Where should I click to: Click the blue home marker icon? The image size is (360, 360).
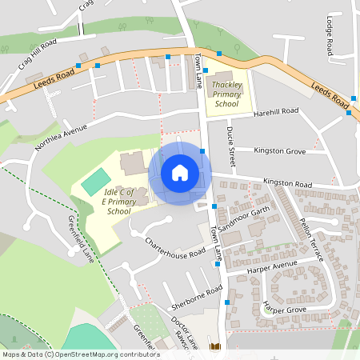[x=180, y=173]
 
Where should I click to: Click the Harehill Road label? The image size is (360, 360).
[x=274, y=111]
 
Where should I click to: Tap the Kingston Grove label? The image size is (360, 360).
[x=279, y=150]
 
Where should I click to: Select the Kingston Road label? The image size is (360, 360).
[x=287, y=184]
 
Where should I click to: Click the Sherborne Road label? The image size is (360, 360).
[x=195, y=298]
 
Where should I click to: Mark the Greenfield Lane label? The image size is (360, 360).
[x=81, y=238]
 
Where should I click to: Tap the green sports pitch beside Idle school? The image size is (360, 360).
[x=94, y=182]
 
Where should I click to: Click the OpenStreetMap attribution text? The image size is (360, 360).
[x=81, y=354]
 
